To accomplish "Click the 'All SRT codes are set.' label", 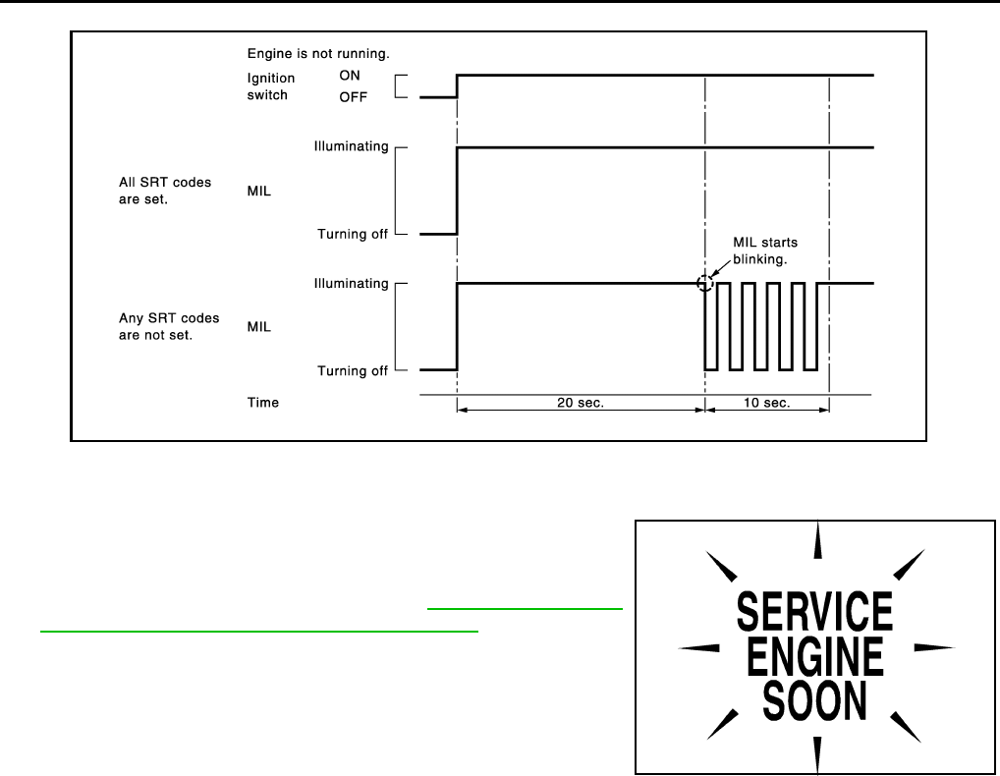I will point(164,190).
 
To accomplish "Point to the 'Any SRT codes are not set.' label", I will point(167,326).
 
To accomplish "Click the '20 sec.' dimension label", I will point(582,403).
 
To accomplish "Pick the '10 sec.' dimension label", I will point(766,403).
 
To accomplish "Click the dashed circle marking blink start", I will point(704,284).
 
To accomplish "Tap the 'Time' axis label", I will point(262,403).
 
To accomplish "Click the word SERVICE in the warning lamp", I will point(814,612).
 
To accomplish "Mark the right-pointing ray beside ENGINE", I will point(933,647).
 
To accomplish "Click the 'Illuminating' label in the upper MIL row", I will point(351,147).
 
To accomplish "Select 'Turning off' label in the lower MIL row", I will point(353,371).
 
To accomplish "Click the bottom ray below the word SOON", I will point(816,751).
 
